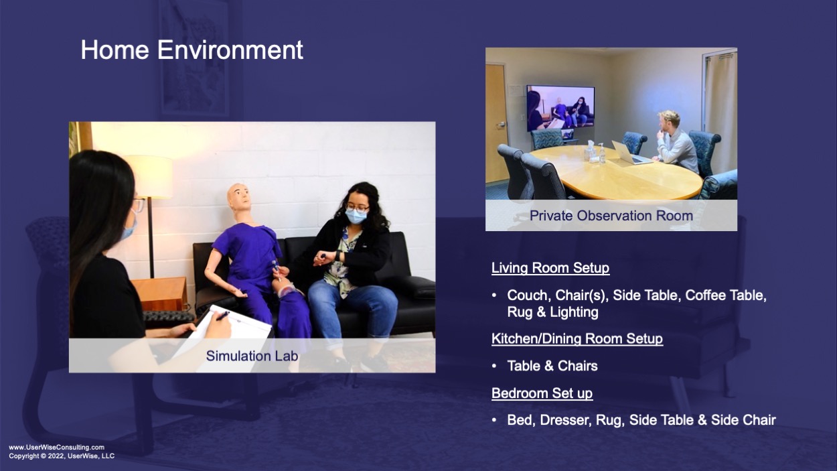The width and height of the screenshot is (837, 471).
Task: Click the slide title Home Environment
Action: click(192, 50)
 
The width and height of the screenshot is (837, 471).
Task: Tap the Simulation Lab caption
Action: click(252, 356)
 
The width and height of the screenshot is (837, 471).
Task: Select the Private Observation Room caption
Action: click(611, 216)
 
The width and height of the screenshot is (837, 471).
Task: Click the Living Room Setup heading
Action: click(550, 267)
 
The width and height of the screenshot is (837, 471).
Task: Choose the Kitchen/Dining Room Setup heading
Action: click(577, 338)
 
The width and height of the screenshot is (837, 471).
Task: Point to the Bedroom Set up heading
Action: click(542, 393)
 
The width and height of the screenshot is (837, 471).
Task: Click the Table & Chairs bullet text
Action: click(552, 366)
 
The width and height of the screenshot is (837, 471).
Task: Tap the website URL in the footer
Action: click(57, 448)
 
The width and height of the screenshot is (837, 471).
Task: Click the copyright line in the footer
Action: click(62, 456)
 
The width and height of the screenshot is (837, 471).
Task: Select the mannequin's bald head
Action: click(239, 198)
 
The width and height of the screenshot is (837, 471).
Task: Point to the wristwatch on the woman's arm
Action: click(337, 256)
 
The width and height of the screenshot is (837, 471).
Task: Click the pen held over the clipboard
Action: click(223, 316)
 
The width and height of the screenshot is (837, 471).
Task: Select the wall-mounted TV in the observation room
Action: click(560, 109)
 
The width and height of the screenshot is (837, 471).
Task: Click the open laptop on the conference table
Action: click(630, 153)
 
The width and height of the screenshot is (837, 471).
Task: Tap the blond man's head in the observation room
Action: click(668, 121)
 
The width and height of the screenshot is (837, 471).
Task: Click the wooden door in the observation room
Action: click(497, 123)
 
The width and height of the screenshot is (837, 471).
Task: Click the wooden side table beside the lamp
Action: click(161, 293)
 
